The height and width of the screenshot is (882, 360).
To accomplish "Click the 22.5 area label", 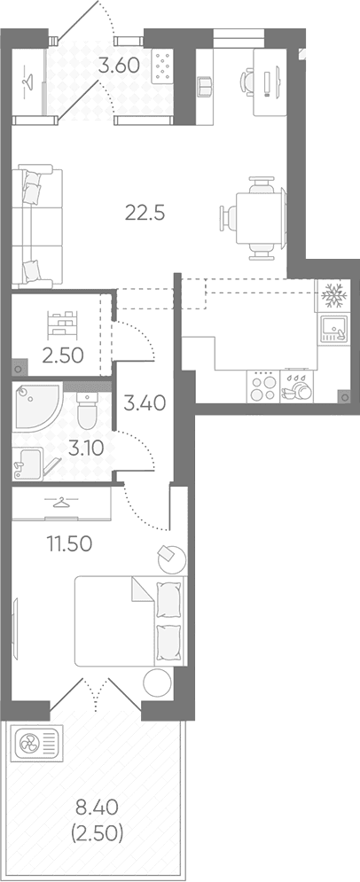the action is point(145,214).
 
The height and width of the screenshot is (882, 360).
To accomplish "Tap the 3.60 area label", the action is point(119,66).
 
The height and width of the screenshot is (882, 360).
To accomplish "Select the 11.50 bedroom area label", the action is point(69,544).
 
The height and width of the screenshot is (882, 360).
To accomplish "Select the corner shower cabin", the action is point(37,406).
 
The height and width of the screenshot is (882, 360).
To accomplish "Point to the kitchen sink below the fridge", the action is point(333,330).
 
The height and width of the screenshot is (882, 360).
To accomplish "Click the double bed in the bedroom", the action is point(130,621).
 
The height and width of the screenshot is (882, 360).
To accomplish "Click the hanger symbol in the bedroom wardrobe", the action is point(59,501).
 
